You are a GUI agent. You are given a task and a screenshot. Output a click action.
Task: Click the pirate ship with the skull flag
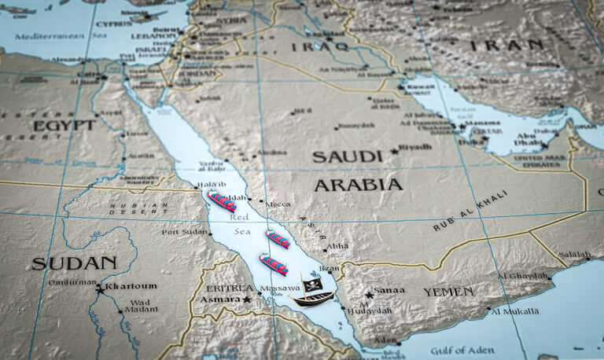coord(313,294)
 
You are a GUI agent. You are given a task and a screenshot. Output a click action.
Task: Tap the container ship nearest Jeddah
coord(222,201)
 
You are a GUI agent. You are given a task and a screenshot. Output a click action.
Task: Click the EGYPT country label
coord(64,125)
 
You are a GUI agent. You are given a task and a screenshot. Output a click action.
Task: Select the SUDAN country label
coord(74,263)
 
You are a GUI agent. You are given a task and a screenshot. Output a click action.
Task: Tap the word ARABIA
coord(358,185)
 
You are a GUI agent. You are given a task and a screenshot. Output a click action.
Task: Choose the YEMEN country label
coord(448,292)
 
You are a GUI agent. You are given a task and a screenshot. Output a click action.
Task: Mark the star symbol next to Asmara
coord(247,299)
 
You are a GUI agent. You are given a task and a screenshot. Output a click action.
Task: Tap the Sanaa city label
coord(389,290)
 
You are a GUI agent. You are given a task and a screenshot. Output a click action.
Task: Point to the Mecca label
coord(278,204)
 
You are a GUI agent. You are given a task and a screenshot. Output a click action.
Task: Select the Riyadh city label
coord(415,147)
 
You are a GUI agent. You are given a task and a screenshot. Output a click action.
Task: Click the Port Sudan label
coord(184,232)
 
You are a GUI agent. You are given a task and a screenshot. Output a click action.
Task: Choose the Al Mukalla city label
coord(515,311)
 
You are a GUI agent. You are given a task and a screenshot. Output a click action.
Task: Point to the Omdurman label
coord(73,282)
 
